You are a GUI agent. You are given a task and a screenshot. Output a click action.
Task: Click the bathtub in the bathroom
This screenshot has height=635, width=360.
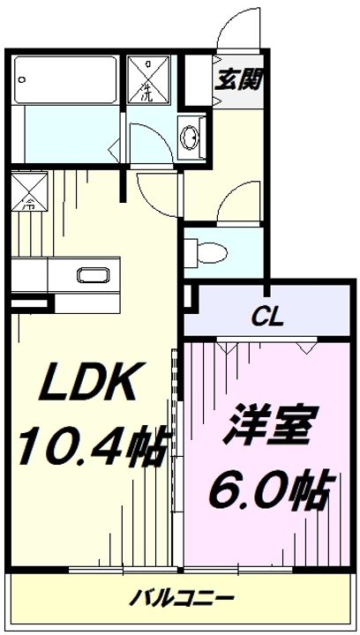coord(67,80)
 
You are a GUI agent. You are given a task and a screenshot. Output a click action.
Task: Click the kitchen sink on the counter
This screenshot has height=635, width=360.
coord(91,274)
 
